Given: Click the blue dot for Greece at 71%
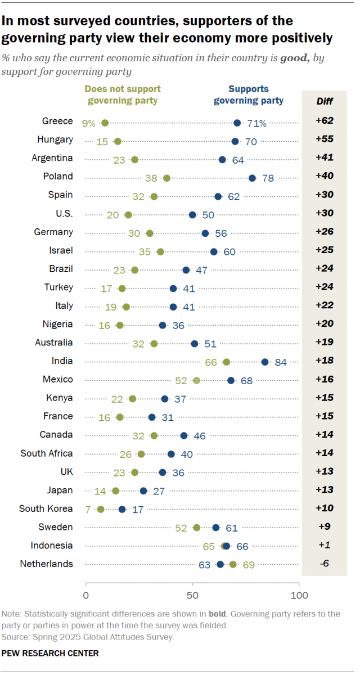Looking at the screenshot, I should pyautogui.click(x=237, y=123).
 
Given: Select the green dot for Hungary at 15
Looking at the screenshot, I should pyautogui.click(x=118, y=141).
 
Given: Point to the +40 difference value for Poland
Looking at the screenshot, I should pyautogui.click(x=324, y=176).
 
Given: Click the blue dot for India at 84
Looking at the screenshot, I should pyautogui.click(x=265, y=362).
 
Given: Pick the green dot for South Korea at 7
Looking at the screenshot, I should pyautogui.click(x=101, y=509).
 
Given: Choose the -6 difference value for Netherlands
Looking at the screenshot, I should pyautogui.click(x=324, y=564).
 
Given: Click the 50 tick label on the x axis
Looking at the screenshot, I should pyautogui.click(x=192, y=595).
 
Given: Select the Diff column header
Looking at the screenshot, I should pyautogui.click(x=325, y=101).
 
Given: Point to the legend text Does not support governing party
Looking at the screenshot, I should pyautogui.click(x=122, y=95).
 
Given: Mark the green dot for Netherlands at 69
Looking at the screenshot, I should pyautogui.click(x=233, y=564).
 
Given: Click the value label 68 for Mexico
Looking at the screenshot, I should pyautogui.click(x=246, y=381).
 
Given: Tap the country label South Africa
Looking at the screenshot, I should pyautogui.click(x=47, y=453).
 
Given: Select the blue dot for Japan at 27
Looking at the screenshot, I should pyautogui.click(x=143, y=490).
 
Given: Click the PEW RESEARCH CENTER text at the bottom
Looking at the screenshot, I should pyautogui.click(x=51, y=653).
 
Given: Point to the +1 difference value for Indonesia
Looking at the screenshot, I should pyautogui.click(x=325, y=546).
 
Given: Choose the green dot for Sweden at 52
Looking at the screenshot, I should pyautogui.click(x=196, y=528).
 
